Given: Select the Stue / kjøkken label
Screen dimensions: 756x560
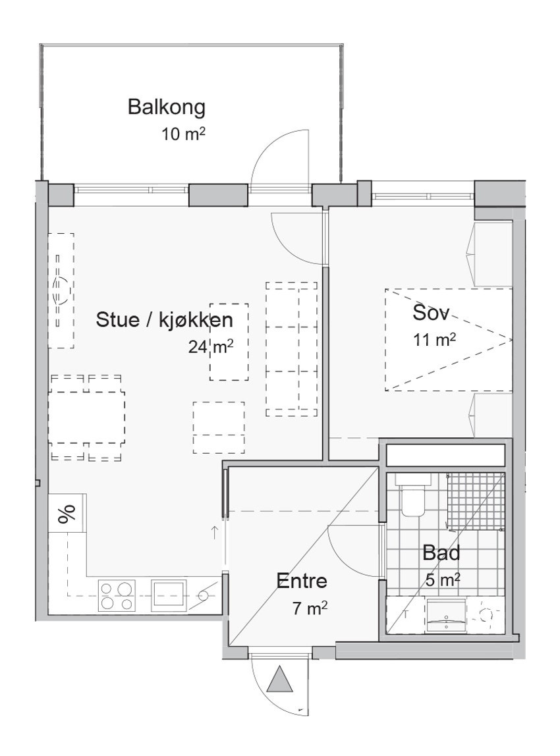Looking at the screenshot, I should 164,321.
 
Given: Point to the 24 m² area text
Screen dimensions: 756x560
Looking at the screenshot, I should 210,346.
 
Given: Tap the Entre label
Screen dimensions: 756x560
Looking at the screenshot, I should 302,581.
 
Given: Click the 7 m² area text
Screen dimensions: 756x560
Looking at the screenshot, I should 310,607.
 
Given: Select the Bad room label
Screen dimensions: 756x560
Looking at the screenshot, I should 441,553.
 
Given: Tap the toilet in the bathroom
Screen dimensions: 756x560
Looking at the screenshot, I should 413,500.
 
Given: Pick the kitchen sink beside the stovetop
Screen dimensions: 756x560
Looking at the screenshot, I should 169,589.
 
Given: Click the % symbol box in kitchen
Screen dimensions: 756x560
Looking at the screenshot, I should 67,514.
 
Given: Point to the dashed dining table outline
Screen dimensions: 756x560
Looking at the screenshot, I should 87,417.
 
